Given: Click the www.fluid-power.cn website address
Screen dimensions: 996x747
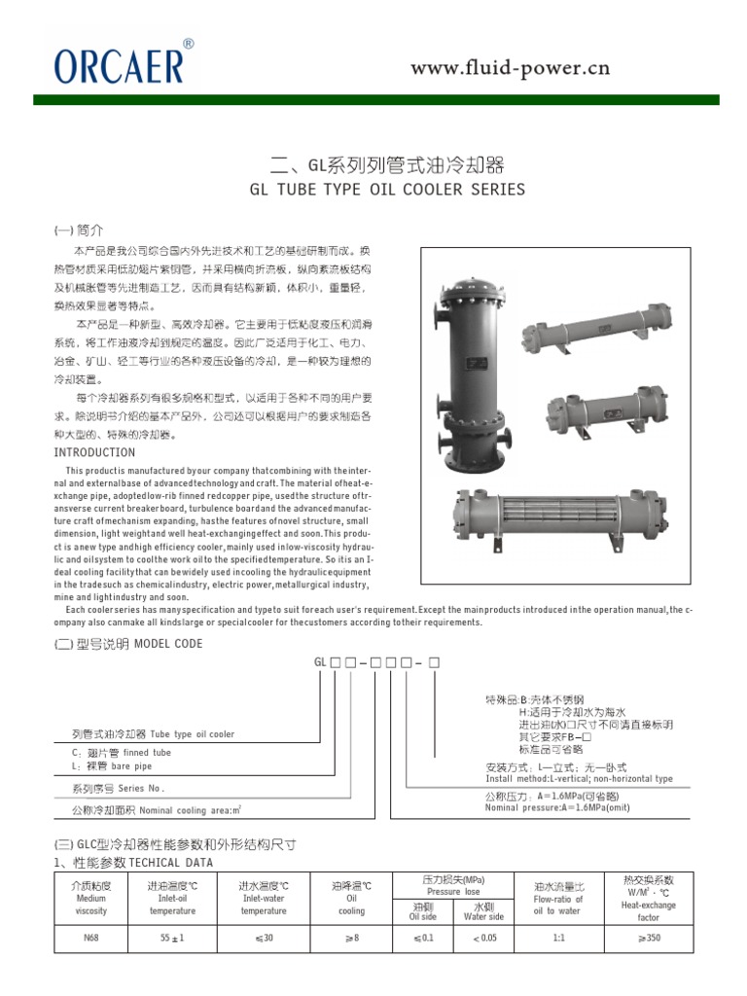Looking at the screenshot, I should pos(510,67).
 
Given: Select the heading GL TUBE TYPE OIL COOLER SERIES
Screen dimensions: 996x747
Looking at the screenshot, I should pos(387,190).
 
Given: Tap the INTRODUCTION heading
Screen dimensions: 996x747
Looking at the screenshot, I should pos(94,453).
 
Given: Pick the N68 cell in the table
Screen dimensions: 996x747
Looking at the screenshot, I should pos(92,965).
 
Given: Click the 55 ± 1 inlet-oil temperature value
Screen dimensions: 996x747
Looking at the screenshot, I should pos(172,965).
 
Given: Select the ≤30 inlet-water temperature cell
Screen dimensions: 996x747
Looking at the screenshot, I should pos(264,965).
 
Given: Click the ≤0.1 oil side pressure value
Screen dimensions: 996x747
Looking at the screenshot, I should pos(422,965).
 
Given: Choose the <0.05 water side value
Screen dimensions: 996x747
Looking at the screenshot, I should pos(483,965).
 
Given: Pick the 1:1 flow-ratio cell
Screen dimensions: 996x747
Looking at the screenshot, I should pos(558,965).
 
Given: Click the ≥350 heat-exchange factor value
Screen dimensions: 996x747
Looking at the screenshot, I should pos(648,965).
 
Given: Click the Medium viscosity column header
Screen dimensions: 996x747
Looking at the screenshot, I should pos(92,900).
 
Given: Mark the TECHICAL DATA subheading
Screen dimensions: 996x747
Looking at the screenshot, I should pos(170,863).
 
